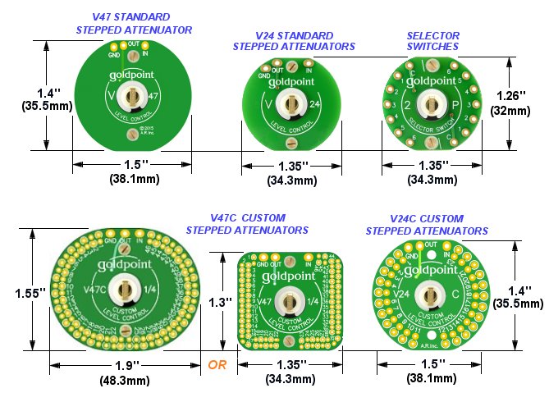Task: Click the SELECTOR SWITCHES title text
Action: tap(432, 41)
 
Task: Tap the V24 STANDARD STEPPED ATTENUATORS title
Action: tap(294, 41)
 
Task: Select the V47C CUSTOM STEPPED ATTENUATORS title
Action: tap(247, 224)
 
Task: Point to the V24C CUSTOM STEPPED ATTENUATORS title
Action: tap(425, 224)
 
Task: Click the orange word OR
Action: tap(217, 364)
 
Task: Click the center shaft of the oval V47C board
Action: tap(126, 290)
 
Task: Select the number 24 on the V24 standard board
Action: tap(316, 104)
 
